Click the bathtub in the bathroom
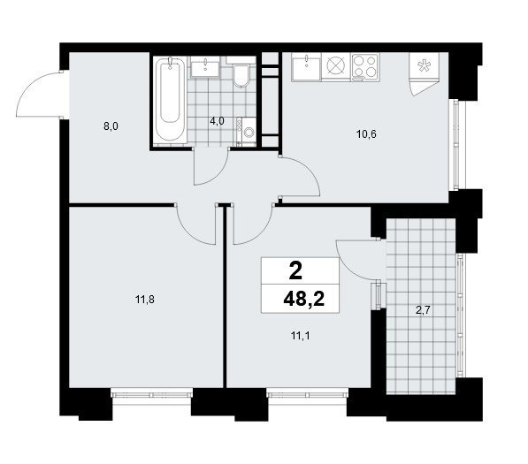tap(170, 99)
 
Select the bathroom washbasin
tap(205, 66)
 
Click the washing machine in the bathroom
tap(247, 132)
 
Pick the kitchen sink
tap(306, 67)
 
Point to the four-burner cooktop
tap(365, 67)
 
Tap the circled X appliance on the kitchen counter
tap(336, 66)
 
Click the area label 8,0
tap(111, 127)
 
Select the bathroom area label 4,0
tap(217, 121)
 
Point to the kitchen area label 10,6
tap(366, 134)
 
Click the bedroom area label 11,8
tap(145, 299)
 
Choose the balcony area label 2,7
tap(423, 310)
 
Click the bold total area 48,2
tap(303, 299)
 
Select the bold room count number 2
tap(295, 271)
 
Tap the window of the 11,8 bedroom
tap(151, 393)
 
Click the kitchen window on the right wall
tap(456, 145)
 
